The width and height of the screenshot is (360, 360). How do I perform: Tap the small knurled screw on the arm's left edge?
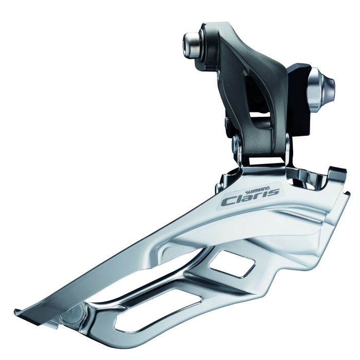coord(226,122)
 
